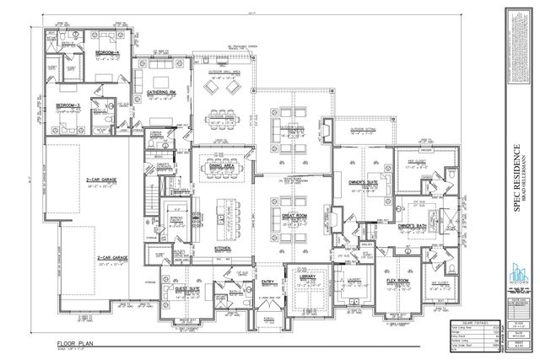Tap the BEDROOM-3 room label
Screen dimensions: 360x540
pyautogui.click(x=69, y=105)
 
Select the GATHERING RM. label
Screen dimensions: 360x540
pyautogui.click(x=161, y=90)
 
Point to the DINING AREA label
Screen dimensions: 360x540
pyautogui.click(x=222, y=167)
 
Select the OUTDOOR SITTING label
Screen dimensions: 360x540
pyautogui.click(x=363, y=129)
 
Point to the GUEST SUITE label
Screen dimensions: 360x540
pyautogui.click(x=187, y=287)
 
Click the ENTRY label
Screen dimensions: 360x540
pyautogui.click(x=269, y=282)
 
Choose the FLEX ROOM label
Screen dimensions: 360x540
pyautogui.click(x=398, y=281)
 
